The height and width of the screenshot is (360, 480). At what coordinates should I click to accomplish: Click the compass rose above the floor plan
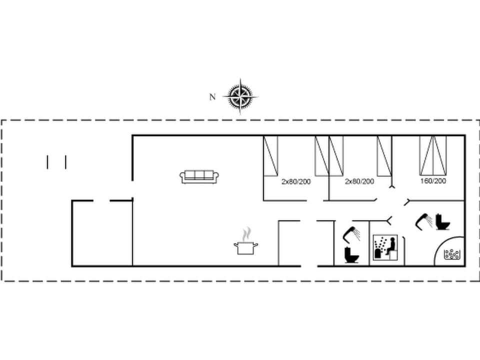(240, 96)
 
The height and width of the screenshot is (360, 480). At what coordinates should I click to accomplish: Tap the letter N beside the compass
(212, 97)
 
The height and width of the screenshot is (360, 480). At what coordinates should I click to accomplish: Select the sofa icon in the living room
(199, 176)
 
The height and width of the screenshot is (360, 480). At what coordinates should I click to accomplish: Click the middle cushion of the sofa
(199, 175)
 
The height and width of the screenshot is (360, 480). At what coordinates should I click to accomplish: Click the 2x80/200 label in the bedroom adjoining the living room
(296, 181)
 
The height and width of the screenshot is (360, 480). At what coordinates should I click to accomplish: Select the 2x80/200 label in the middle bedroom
(359, 181)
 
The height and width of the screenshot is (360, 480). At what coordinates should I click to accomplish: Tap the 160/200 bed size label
(433, 181)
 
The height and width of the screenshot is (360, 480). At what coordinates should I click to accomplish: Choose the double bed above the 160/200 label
(433, 154)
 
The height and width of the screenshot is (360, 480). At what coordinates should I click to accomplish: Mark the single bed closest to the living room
(270, 155)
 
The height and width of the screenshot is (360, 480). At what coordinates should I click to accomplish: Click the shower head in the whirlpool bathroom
(424, 219)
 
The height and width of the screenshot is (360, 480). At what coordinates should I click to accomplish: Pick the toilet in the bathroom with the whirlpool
(443, 222)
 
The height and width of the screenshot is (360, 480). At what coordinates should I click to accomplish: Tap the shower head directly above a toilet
(350, 232)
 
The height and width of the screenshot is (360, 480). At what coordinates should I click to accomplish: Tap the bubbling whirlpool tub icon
(452, 254)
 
